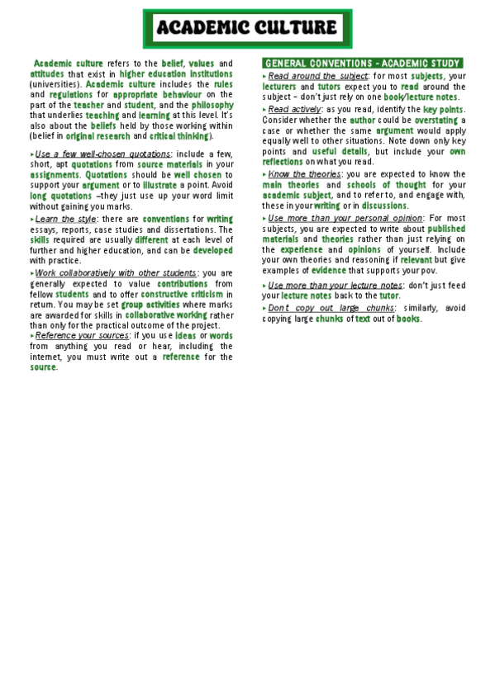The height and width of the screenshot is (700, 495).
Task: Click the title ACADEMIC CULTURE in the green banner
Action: click(x=246, y=29)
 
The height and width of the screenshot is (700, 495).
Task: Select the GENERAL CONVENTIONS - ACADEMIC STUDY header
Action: click(x=362, y=63)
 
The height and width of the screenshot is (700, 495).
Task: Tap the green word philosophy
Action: click(x=207, y=105)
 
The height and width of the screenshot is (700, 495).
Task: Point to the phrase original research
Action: click(x=98, y=135)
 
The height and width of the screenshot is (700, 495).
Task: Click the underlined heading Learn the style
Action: click(x=66, y=219)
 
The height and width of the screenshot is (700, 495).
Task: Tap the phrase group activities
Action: click(x=151, y=304)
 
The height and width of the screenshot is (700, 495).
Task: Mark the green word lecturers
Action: click(x=279, y=86)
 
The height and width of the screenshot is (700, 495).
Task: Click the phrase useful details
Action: click(x=340, y=152)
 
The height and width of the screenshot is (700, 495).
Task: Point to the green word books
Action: click(x=409, y=319)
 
